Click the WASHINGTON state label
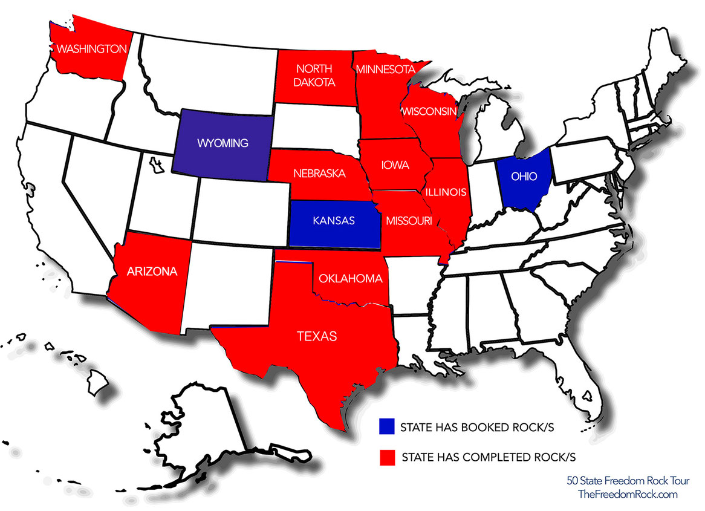(x=92, y=48)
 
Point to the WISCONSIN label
(x=427, y=111)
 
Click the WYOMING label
(x=223, y=143)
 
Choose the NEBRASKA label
(x=320, y=174)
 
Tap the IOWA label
(x=395, y=164)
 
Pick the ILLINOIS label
(x=446, y=192)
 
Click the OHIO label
(x=524, y=177)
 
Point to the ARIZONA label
(x=152, y=272)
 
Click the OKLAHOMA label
(x=351, y=279)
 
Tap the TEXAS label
(x=317, y=336)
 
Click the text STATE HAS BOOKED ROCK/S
(x=477, y=427)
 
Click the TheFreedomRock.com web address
(x=628, y=495)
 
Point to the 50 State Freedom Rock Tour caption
(x=628, y=481)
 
